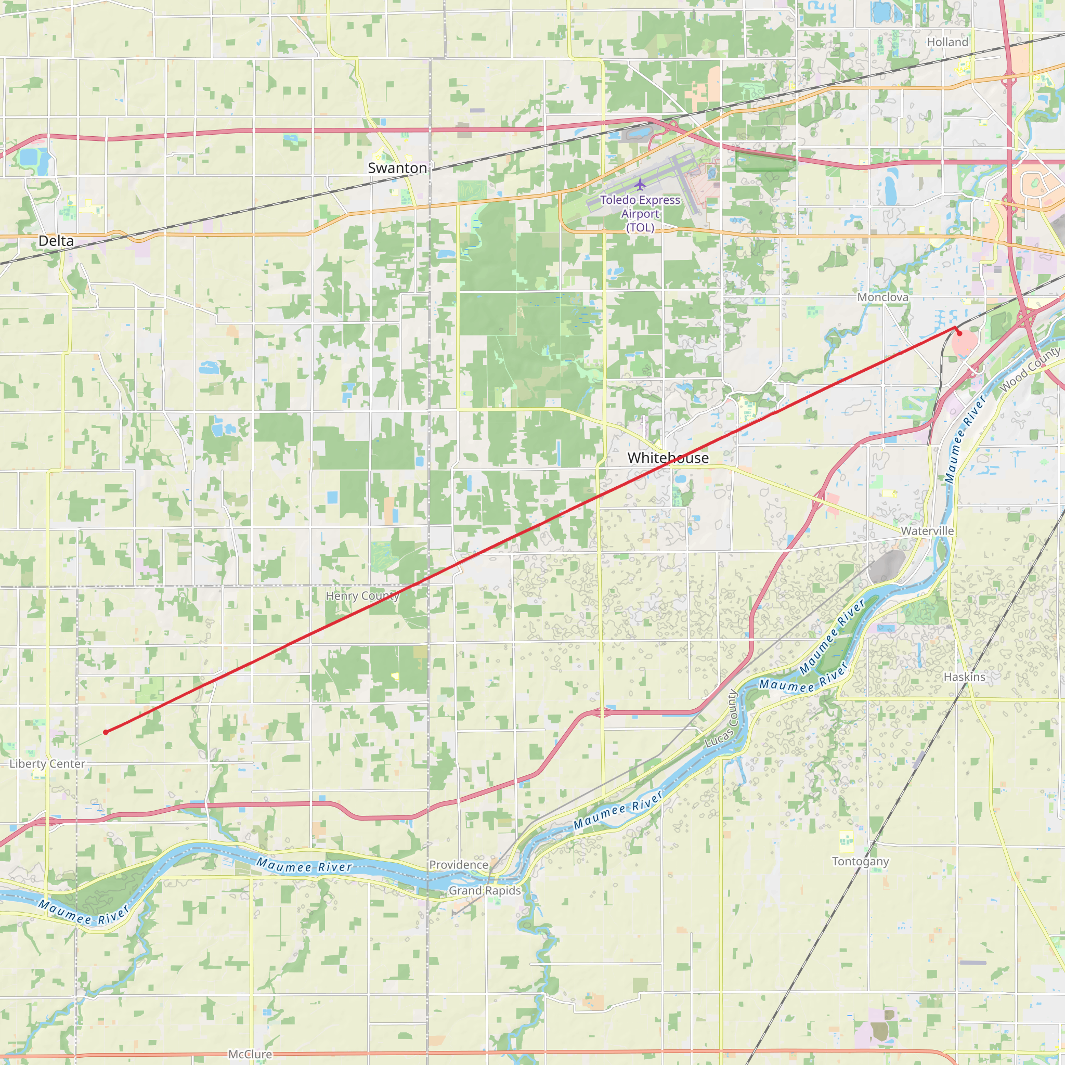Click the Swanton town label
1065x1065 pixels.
point(397,168)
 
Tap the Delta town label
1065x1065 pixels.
point(56,241)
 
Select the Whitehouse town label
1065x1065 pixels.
point(668,458)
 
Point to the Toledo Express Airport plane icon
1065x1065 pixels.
point(640,184)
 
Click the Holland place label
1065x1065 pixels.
point(947,43)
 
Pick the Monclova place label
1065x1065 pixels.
point(882,297)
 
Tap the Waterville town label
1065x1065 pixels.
point(927,531)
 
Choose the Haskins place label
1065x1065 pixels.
point(964,677)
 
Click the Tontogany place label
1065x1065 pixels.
point(861,862)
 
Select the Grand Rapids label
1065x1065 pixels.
point(485,890)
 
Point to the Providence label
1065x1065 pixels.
point(459,865)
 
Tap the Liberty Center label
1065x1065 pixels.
point(47,764)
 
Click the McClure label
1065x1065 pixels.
point(250,1054)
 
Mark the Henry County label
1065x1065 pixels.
point(362,596)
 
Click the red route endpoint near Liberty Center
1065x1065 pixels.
point(105,732)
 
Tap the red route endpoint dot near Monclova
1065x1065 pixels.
point(959,333)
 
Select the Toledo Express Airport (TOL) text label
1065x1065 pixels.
point(640,214)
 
